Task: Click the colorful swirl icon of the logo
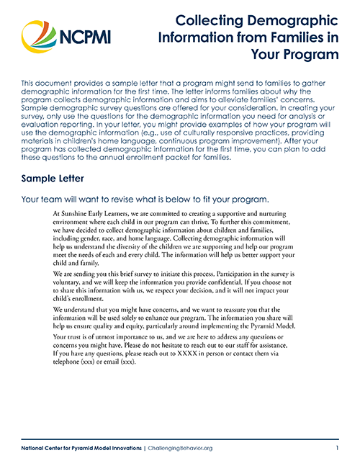(x=37, y=35)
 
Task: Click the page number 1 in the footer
(x=336, y=448)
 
